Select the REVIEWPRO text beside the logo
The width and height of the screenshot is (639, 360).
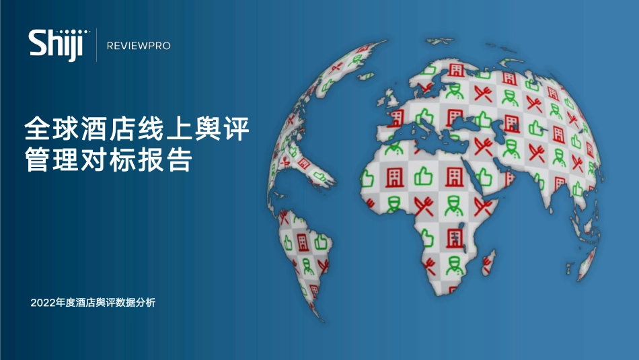coord(139,46)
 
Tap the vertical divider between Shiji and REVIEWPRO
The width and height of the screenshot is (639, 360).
coord(96,45)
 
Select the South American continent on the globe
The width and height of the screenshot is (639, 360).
coord(303,249)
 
